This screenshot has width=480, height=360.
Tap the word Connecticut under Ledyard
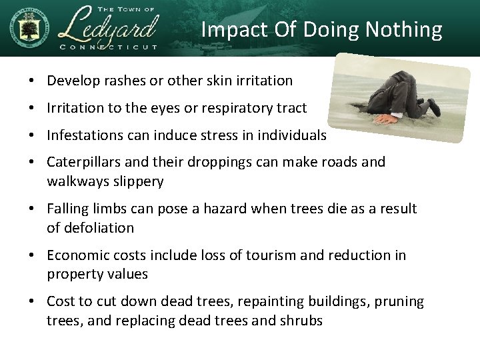[108, 47]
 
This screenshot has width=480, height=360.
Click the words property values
[97, 274]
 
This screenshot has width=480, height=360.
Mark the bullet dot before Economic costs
[32, 256]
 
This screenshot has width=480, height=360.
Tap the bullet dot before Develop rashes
[32, 81]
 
